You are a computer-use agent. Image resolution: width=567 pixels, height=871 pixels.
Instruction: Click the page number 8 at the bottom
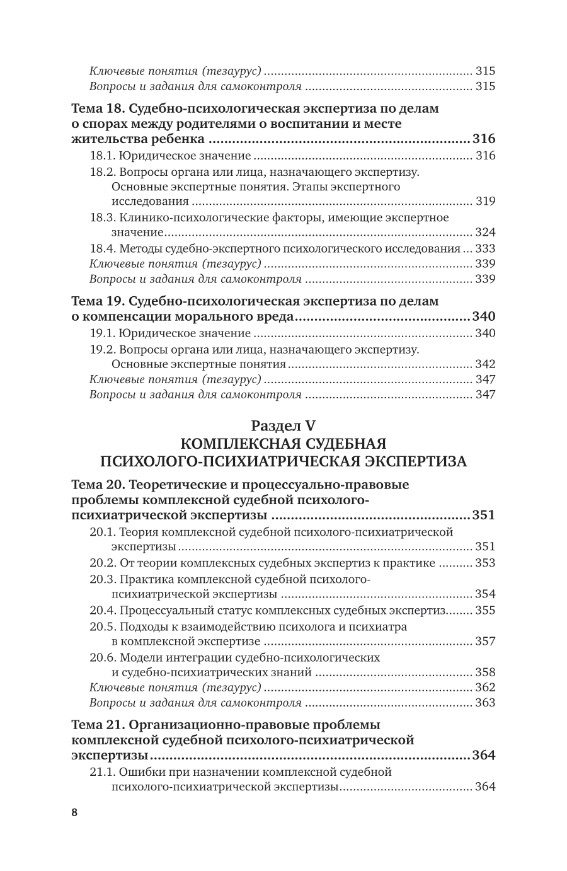click(x=74, y=812)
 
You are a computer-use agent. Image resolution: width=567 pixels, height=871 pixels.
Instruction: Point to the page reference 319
click(x=486, y=202)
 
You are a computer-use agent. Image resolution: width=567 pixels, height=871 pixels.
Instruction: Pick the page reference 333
click(x=486, y=248)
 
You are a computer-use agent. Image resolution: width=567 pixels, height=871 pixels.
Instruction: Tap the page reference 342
click(x=486, y=364)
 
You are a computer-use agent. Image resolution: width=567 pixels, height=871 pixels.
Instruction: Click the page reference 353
click(x=486, y=563)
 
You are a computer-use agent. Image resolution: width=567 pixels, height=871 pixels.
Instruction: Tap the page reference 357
click(x=486, y=642)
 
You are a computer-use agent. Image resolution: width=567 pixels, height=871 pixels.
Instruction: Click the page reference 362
click(x=486, y=688)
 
